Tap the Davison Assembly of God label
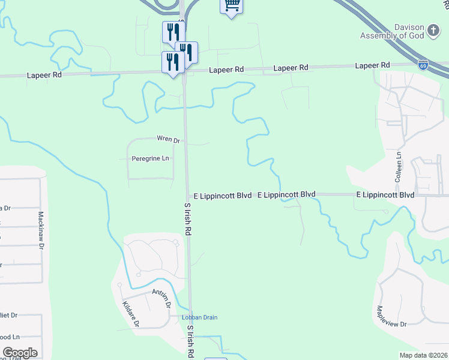coord(393,31)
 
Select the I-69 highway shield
coord(423,62)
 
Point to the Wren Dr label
coord(168,139)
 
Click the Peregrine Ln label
coord(150,158)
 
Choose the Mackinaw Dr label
coord(41,230)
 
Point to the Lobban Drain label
coord(200,317)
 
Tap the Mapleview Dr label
coord(391,316)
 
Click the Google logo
coord(20,353)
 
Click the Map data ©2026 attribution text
coord(424,355)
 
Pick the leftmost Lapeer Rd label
coord(44,76)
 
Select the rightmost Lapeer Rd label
coord(372,65)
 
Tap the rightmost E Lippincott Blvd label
coord(385,195)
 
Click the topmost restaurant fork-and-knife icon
coord(172,30)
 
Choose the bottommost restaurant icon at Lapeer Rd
coord(172,61)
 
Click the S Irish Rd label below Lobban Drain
coord(190,340)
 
